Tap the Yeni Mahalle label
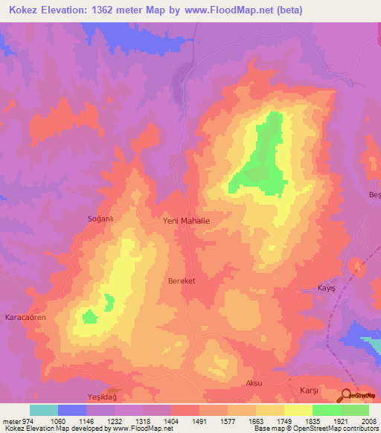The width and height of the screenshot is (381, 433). (186, 221)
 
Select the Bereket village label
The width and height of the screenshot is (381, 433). (182, 281)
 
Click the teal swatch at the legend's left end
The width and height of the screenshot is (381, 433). (44, 410)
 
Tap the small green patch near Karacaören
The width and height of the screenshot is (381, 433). (89, 317)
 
